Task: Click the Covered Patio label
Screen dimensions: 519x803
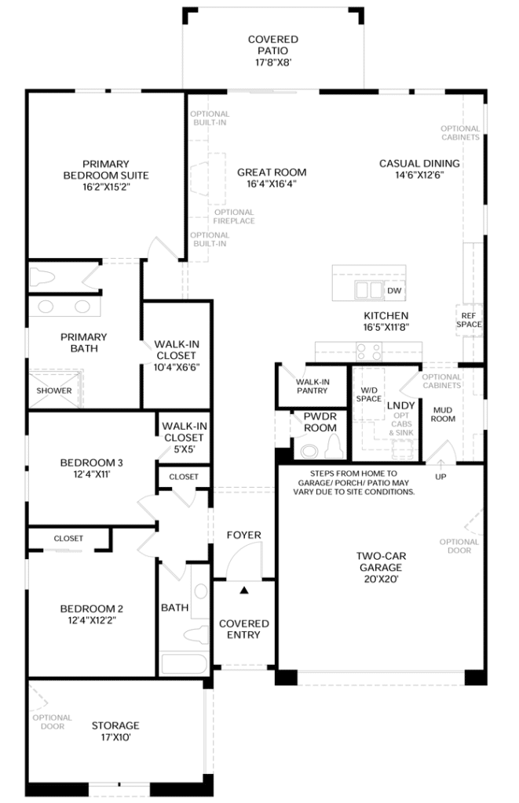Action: [x=272, y=45]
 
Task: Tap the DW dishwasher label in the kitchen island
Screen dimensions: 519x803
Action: [x=394, y=290]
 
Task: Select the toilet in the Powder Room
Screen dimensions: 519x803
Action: [x=334, y=446]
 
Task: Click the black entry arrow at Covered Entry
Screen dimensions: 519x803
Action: [x=244, y=590]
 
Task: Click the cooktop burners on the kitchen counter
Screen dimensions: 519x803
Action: [x=369, y=351]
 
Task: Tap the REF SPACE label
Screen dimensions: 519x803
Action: [x=469, y=320]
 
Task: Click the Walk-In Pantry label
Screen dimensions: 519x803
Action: [x=312, y=386]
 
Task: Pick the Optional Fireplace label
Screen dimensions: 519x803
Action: [x=234, y=216]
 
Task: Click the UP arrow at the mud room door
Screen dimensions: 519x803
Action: [x=440, y=464]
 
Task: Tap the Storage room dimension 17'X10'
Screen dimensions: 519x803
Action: [x=115, y=737]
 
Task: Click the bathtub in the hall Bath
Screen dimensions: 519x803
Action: [x=184, y=663]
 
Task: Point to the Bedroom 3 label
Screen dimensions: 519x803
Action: [x=91, y=463]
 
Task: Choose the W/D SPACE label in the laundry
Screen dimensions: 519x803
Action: [x=369, y=394]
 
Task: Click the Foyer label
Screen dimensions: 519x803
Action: [x=243, y=535]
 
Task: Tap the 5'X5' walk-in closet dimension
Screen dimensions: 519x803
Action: [x=184, y=449]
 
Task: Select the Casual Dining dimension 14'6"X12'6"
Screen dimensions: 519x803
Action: [x=419, y=175]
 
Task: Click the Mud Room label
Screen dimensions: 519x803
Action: [x=443, y=414]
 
